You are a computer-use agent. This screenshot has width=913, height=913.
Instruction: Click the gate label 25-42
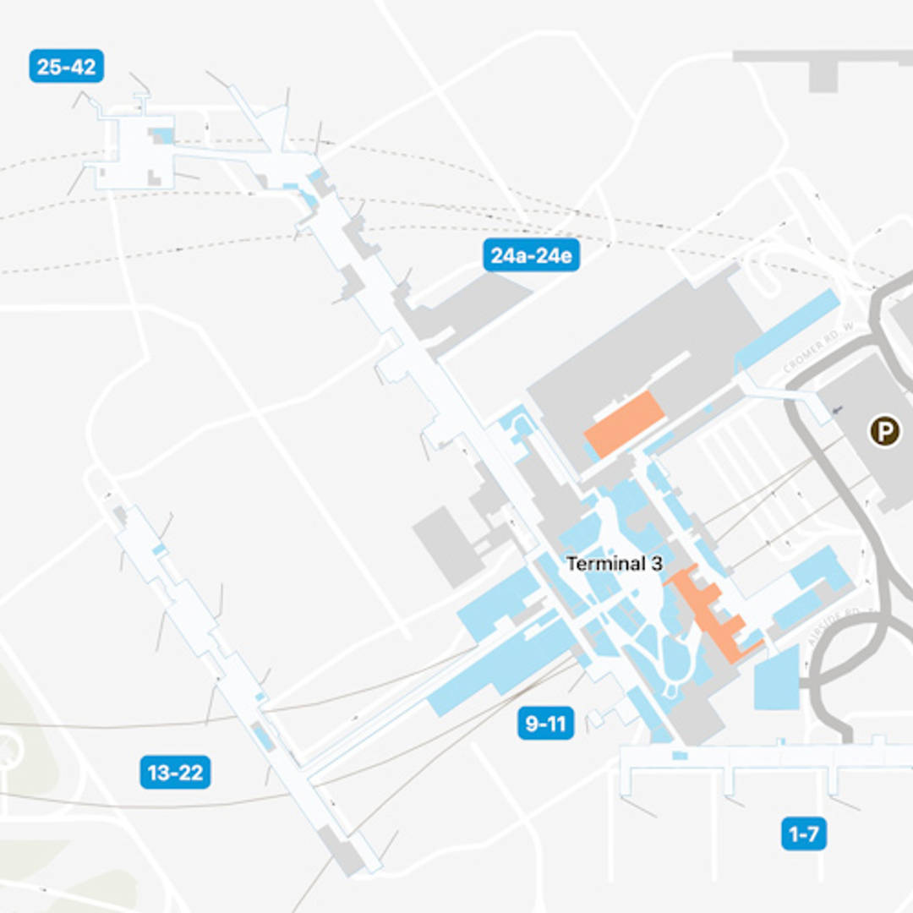pos(66,67)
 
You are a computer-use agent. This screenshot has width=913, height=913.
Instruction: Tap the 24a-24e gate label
pos(531,255)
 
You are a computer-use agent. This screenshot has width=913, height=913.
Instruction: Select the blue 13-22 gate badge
pos(175,772)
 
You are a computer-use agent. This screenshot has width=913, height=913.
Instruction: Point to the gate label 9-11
pos(545,724)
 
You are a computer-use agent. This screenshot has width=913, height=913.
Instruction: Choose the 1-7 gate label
pos(803,834)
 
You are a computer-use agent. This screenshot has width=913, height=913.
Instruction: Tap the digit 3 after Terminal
pos(657,564)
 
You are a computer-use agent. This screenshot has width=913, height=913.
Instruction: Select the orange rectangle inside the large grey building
pos(625,424)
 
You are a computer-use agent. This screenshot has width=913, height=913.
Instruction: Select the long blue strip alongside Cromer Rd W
pos(786,329)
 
